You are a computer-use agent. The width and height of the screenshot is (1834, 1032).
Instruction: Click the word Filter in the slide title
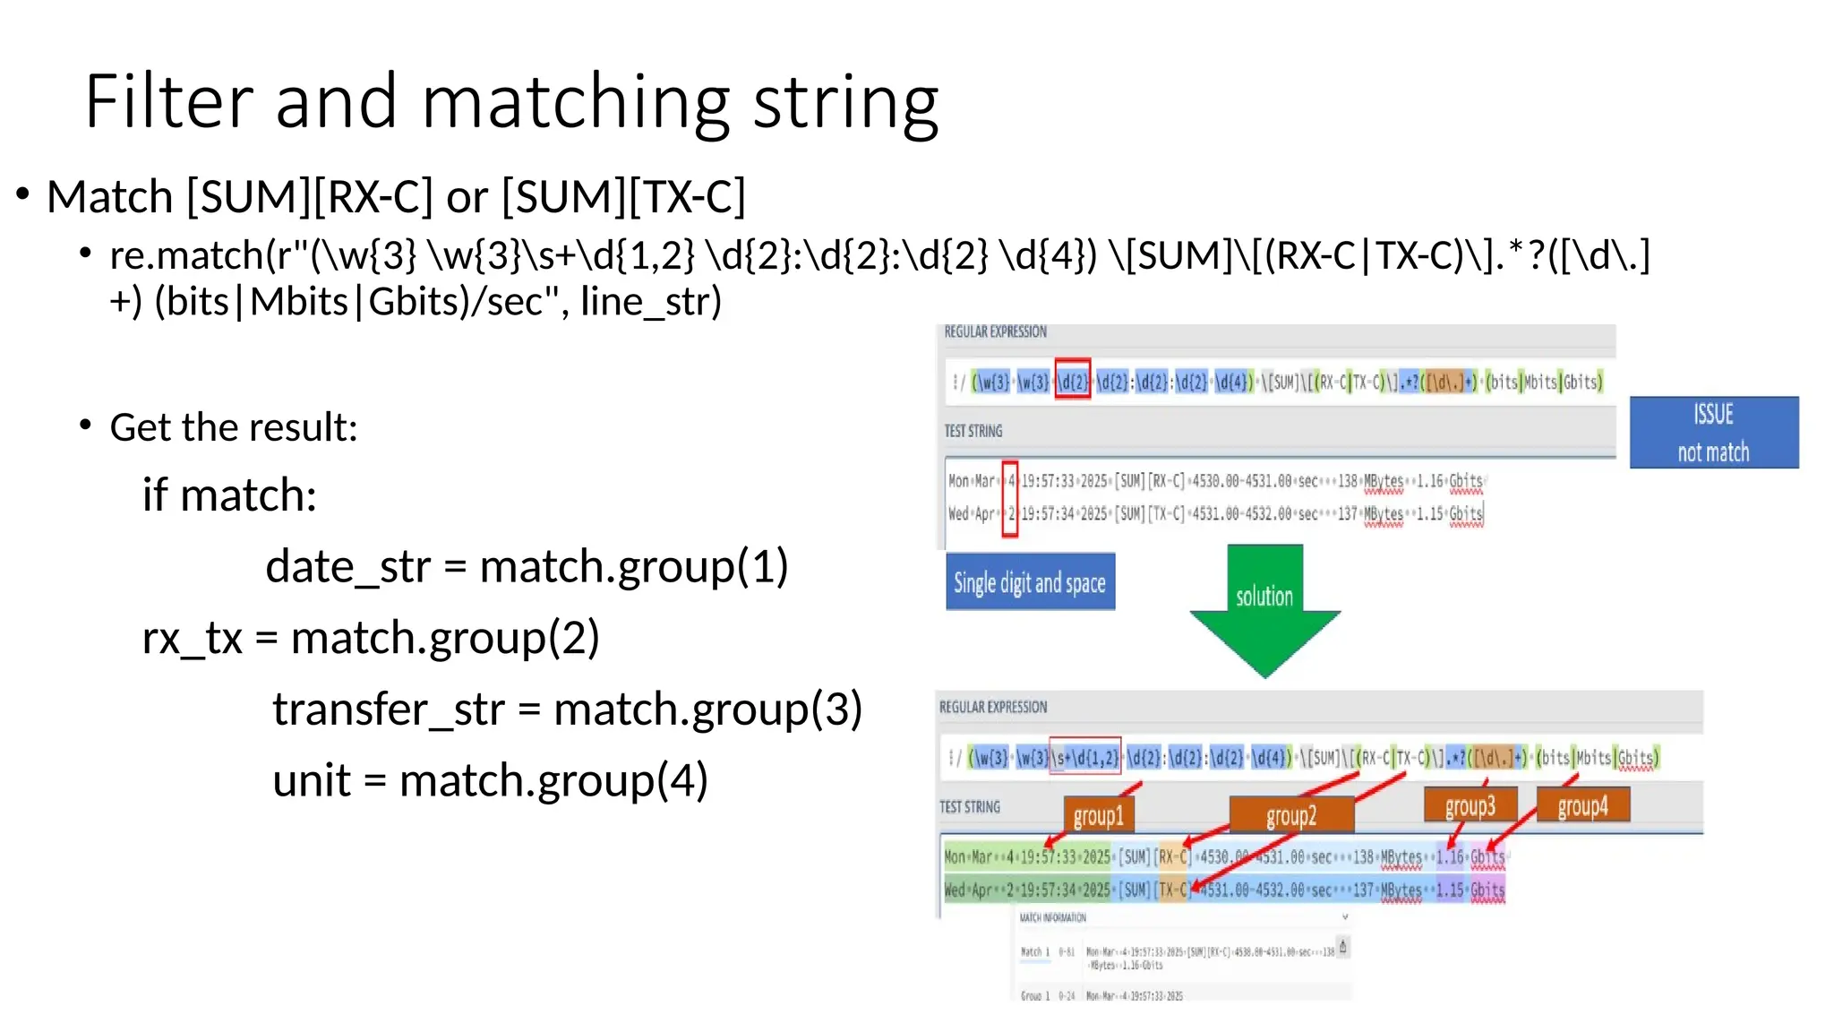pyautogui.click(x=168, y=101)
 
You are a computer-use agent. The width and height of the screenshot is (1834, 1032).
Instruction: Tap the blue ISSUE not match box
pyautogui.click(x=1713, y=433)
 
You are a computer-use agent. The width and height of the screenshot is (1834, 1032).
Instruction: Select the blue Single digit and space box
pyautogui.click(x=1030, y=582)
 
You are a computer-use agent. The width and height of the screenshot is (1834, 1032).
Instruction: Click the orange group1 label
pyautogui.click(x=1098, y=815)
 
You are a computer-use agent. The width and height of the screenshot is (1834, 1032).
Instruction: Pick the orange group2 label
pyautogui.click(x=1290, y=815)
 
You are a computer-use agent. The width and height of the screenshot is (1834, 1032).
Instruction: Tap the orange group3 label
pyautogui.click(x=1470, y=805)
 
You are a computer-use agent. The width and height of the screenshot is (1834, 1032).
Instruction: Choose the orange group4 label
pyautogui.click(x=1582, y=805)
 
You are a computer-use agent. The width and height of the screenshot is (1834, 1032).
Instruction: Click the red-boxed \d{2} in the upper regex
pyautogui.click(x=1072, y=383)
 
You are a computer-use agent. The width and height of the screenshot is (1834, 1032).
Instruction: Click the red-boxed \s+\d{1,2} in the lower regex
pyautogui.click(x=1084, y=758)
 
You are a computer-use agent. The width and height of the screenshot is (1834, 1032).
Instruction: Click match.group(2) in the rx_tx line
pyautogui.click(x=445, y=639)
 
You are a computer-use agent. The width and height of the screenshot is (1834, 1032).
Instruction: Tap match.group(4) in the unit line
pyautogui.click(x=553, y=780)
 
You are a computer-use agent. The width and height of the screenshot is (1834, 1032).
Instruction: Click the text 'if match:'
pyautogui.click(x=229, y=495)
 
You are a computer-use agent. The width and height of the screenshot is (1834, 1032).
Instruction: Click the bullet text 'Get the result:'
pyautogui.click(x=233, y=427)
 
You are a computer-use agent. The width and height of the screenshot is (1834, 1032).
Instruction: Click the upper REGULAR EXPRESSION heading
pyautogui.click(x=995, y=331)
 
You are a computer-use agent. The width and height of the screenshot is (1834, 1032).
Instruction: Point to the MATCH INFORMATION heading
pyautogui.click(x=1052, y=917)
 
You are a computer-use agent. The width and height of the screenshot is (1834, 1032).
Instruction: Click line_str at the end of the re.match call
pyautogui.click(x=650, y=302)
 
